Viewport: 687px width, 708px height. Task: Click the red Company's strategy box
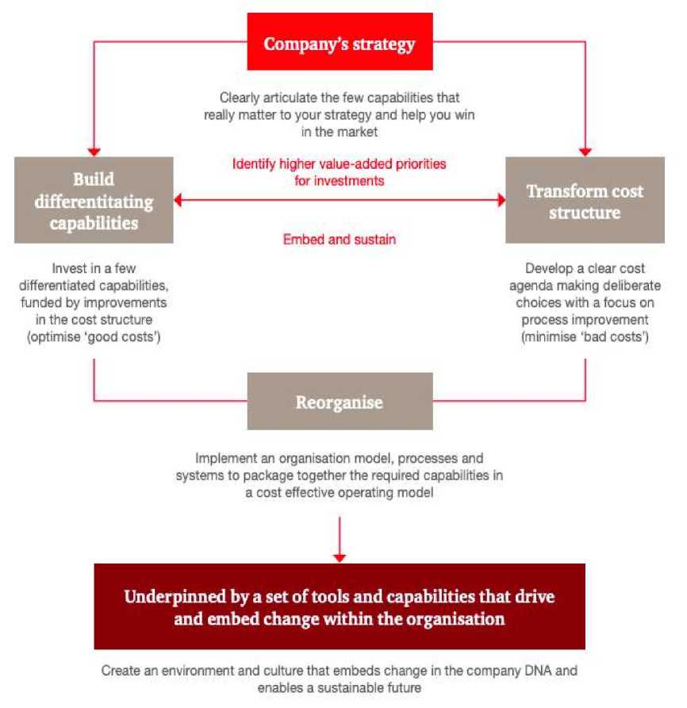(x=339, y=44)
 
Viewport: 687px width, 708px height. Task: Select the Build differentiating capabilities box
(x=94, y=200)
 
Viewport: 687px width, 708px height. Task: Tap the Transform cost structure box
(x=585, y=201)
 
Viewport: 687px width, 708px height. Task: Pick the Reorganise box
(x=340, y=402)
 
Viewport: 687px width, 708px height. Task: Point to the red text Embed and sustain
(x=340, y=239)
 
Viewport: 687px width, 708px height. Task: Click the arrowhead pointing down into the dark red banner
(x=340, y=556)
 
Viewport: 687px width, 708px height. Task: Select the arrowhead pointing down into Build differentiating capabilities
(x=94, y=150)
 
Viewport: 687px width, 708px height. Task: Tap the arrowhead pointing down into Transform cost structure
(x=585, y=150)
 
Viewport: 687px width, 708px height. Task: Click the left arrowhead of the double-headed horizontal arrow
(x=180, y=200)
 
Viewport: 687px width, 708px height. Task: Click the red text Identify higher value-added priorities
(x=340, y=164)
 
